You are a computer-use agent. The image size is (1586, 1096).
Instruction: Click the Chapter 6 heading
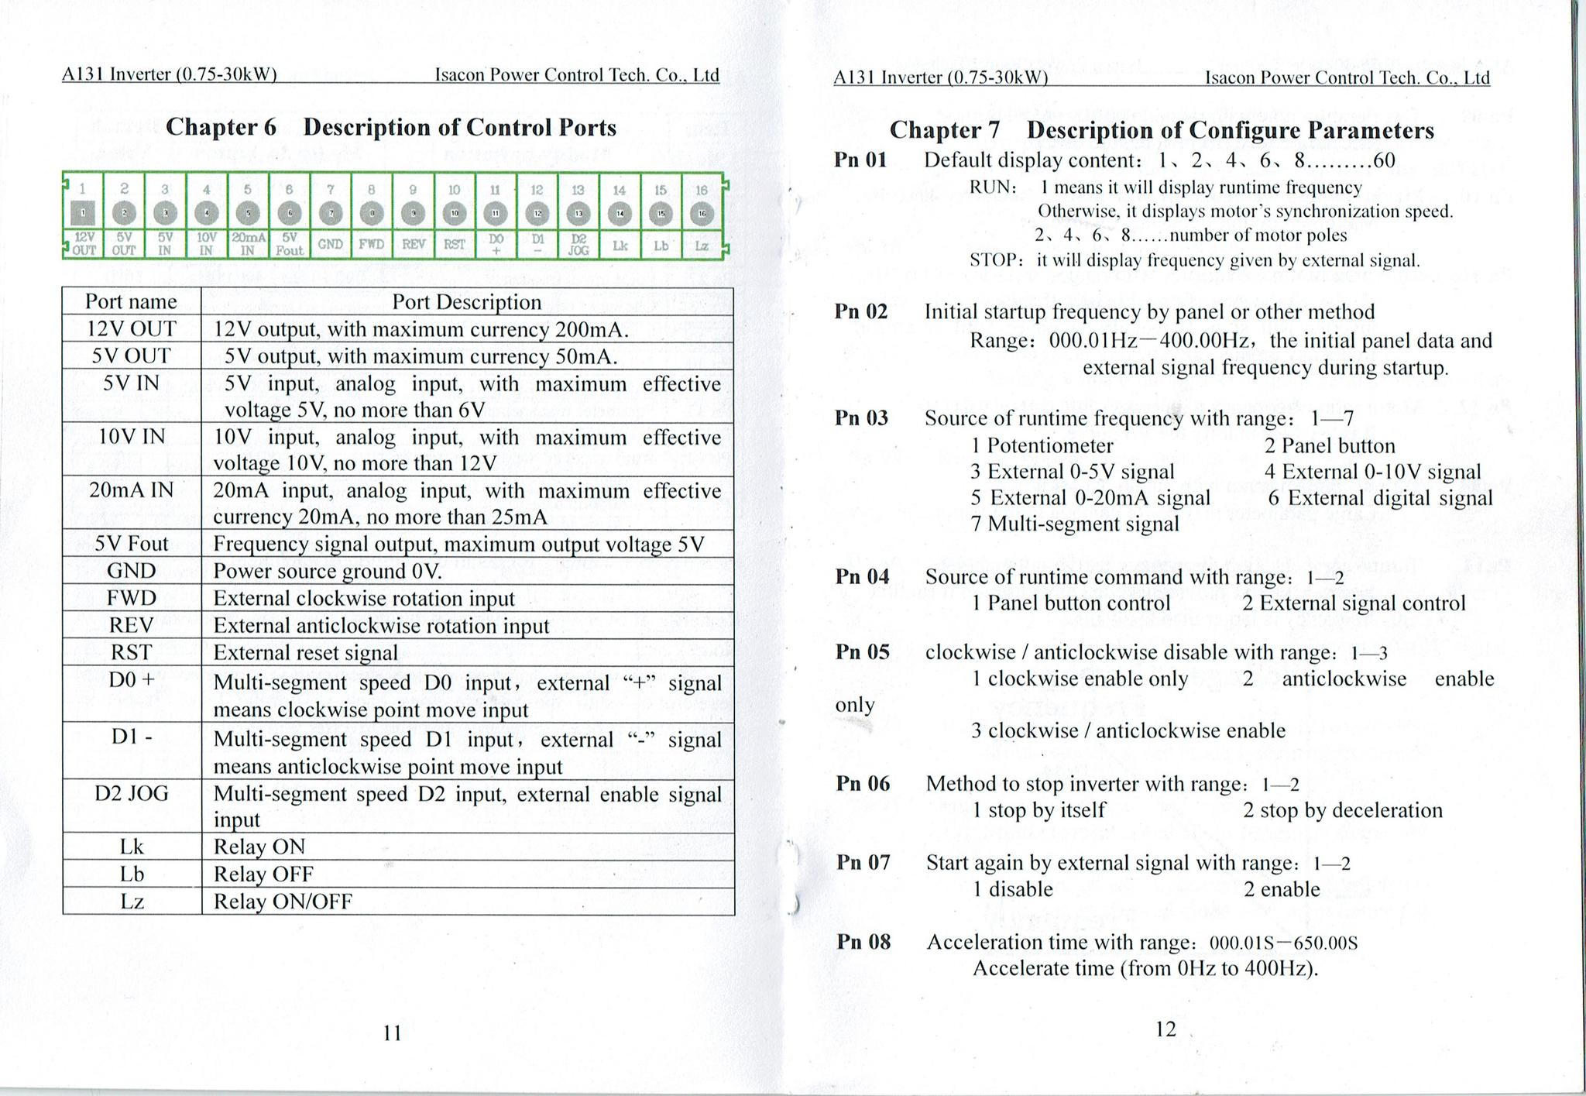point(391,127)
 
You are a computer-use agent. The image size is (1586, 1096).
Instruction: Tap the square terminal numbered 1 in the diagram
point(83,213)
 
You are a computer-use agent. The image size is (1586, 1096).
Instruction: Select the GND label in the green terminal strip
point(331,244)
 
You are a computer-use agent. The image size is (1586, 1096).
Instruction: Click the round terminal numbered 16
point(702,214)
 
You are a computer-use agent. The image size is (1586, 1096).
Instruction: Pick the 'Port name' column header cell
point(131,301)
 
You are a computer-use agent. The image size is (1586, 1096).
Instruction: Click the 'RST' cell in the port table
point(131,652)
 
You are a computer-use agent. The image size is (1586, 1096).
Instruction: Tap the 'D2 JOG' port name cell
point(131,793)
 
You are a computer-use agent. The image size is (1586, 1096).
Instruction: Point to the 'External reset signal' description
point(306,652)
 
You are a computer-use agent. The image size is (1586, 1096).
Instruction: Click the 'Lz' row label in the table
point(132,901)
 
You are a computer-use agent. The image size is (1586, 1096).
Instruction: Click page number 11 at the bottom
point(393,1032)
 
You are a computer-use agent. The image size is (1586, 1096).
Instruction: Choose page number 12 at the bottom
point(1165,1029)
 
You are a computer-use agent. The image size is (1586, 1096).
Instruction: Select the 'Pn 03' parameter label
point(861,418)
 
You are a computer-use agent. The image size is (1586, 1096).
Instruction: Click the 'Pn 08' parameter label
point(863,942)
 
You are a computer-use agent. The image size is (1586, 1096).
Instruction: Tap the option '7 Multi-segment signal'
point(1075,524)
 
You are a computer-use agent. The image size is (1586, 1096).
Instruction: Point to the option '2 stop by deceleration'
point(1343,810)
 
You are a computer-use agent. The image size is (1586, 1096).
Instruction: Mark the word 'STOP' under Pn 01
point(992,260)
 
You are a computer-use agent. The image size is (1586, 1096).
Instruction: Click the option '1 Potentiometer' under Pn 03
point(1042,446)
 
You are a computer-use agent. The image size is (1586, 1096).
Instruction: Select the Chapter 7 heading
point(1162,130)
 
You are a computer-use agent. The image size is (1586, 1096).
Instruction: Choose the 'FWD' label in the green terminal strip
point(372,244)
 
